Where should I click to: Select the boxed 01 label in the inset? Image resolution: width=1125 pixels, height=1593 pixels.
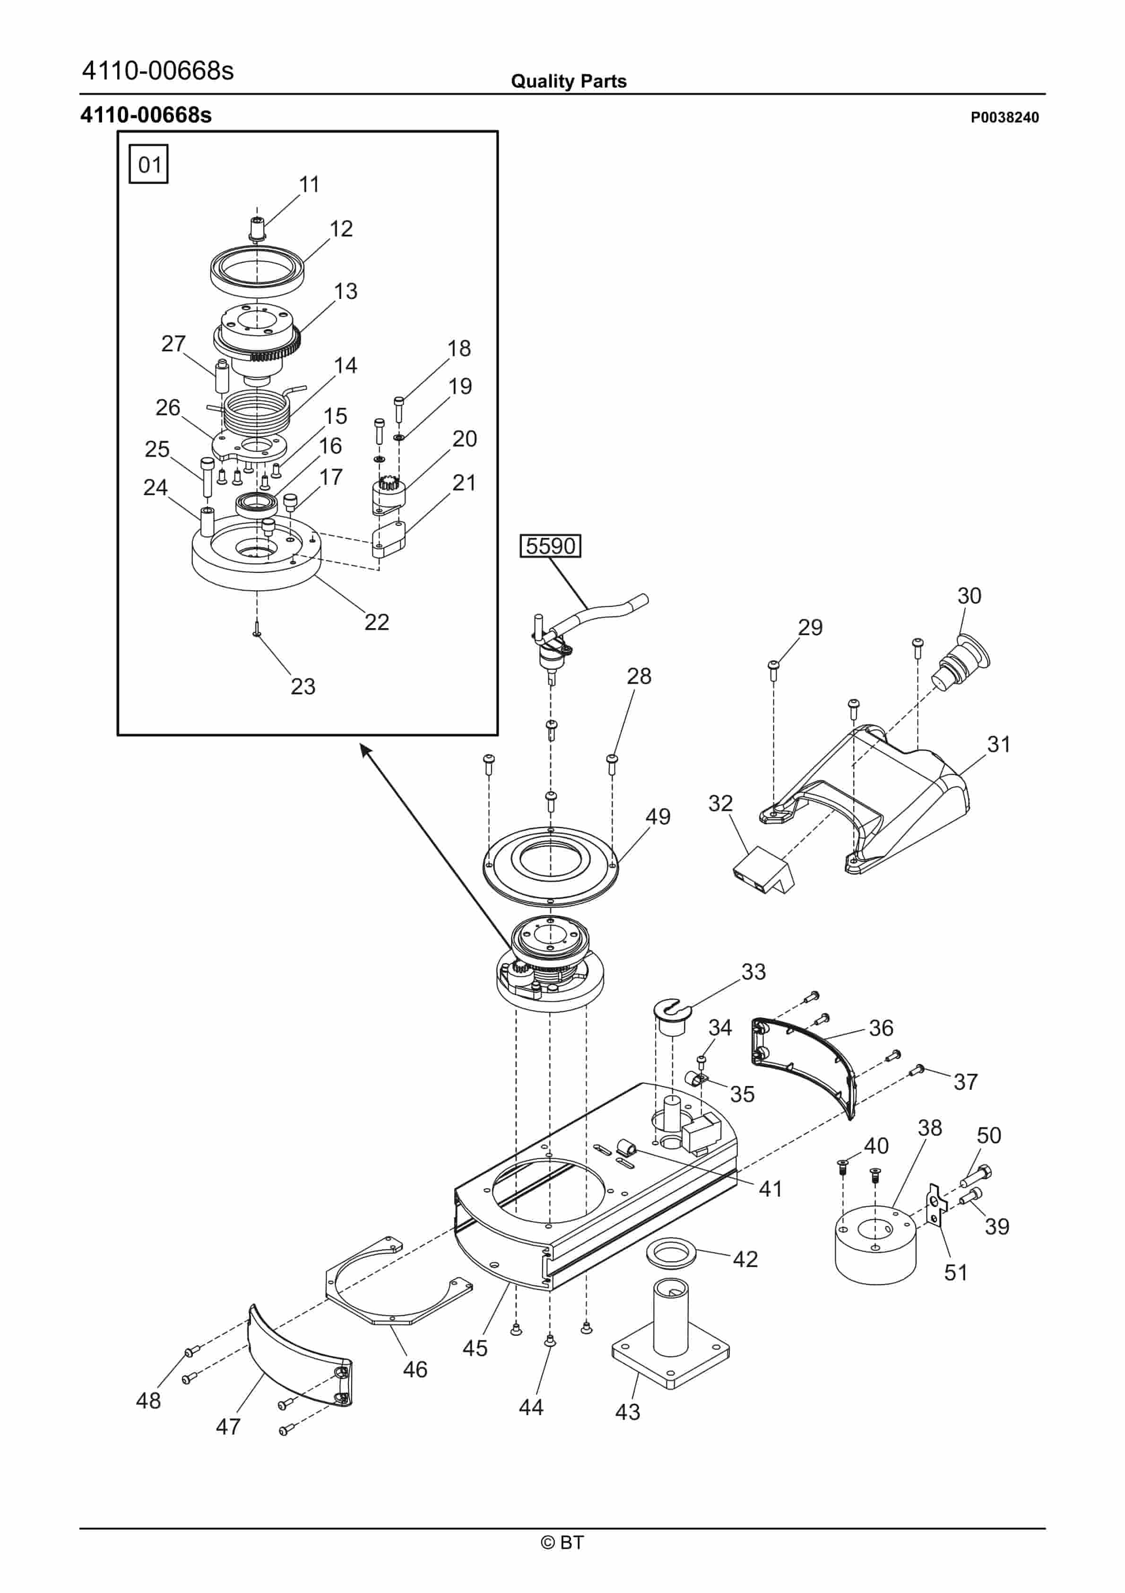coord(149,165)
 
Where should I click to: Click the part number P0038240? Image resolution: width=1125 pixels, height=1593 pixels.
coord(1004,117)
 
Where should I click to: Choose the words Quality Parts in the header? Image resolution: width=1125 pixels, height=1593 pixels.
coord(568,81)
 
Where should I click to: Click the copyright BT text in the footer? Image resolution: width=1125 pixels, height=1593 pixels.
coord(562,1542)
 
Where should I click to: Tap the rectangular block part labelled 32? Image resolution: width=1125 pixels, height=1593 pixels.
coord(762,871)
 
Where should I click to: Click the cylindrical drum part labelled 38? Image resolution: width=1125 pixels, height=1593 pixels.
coord(875,1245)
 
